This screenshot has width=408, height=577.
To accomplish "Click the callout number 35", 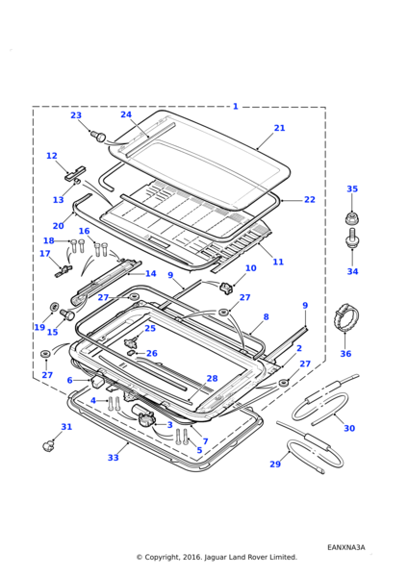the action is click(x=352, y=188).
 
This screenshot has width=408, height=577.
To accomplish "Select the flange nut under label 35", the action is click(x=352, y=218).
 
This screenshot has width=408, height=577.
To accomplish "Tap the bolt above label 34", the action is click(x=352, y=238).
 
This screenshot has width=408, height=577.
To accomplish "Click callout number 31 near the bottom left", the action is click(x=66, y=427).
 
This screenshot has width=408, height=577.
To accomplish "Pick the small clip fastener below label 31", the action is click(x=48, y=446).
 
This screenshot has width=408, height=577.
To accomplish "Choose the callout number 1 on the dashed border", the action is click(x=236, y=107).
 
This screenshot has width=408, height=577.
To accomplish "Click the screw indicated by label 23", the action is click(x=98, y=136).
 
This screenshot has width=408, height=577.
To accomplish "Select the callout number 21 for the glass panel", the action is click(x=279, y=128).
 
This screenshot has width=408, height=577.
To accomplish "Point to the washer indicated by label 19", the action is click(x=55, y=306).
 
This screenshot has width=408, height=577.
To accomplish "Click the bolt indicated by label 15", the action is click(x=67, y=314).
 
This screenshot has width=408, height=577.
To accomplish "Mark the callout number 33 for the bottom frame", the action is click(x=113, y=458).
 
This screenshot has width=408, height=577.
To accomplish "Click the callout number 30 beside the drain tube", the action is click(x=349, y=428).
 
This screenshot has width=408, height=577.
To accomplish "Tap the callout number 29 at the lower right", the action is click(x=275, y=464).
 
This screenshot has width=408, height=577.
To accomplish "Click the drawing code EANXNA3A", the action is click(x=346, y=547).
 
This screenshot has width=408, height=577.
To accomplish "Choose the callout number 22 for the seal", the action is click(x=310, y=199).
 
